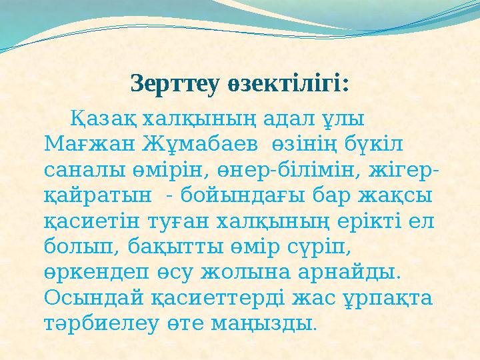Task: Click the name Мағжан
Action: pos(85,144)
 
